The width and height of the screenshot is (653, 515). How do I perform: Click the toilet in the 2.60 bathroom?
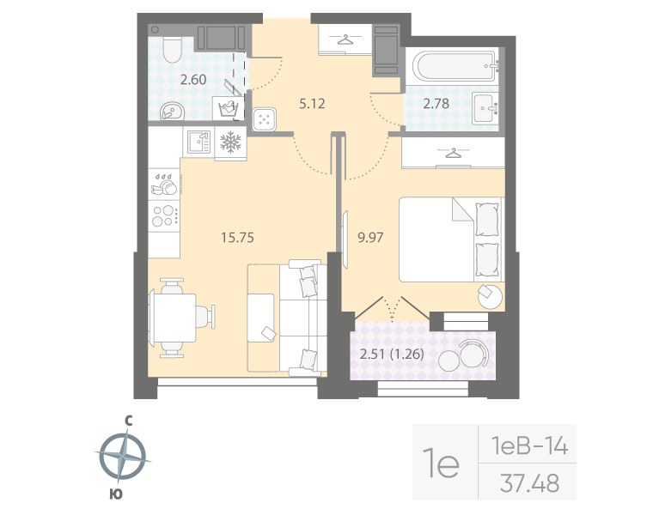pos(171,51)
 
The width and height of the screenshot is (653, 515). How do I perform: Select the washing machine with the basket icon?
pos(229,108)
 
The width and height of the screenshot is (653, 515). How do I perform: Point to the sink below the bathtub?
pos(486,108)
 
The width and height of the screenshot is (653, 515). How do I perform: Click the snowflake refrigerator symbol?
pos(230,142)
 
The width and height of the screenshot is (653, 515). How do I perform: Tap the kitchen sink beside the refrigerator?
pos(198,140)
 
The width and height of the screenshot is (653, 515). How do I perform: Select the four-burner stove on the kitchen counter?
pos(163,215)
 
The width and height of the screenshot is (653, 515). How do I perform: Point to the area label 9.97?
pos(370,238)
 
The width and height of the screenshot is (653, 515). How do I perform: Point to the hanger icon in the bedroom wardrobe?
pos(453,154)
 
